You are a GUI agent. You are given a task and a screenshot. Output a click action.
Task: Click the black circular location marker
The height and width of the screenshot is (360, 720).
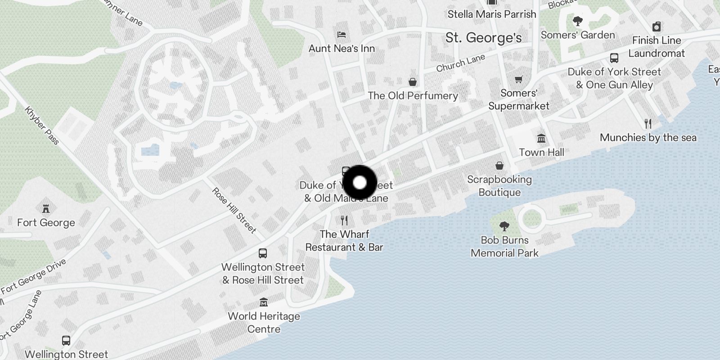click(x=360, y=183)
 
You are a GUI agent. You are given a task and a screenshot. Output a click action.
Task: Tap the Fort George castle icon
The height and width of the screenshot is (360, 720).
click(x=45, y=208)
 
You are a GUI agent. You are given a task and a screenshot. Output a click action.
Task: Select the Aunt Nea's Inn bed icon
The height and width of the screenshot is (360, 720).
click(x=342, y=35)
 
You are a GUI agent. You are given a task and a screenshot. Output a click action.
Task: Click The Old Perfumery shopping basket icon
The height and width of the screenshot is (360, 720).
click(x=412, y=81)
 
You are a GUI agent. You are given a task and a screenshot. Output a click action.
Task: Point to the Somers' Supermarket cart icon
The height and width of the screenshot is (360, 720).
click(x=518, y=79)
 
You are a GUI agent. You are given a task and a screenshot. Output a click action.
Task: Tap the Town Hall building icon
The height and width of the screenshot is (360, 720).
click(x=541, y=138)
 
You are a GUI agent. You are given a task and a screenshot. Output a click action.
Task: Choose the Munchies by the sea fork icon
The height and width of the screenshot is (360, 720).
click(x=648, y=123)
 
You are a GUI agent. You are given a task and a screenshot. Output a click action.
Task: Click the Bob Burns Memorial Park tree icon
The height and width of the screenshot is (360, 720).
click(x=504, y=226)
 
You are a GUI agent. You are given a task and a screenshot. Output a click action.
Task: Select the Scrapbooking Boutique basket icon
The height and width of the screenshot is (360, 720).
click(x=499, y=166)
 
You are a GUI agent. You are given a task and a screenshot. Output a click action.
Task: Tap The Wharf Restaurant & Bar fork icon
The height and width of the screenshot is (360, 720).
click(x=344, y=220)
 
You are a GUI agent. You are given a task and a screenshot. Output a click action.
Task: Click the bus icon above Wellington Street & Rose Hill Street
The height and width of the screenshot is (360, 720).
click(x=263, y=253)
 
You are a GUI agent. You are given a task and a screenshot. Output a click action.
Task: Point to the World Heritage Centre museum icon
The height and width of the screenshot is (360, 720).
click(x=264, y=302)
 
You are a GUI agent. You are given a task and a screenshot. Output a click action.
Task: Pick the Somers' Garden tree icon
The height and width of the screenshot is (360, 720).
click(x=577, y=21)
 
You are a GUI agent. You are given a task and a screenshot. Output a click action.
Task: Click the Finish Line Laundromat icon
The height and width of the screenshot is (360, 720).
click(x=657, y=27)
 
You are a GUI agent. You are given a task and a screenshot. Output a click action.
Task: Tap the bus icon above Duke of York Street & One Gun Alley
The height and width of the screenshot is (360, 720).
click(x=614, y=58)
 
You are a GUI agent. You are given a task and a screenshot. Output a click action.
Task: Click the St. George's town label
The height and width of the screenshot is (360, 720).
click(x=483, y=38)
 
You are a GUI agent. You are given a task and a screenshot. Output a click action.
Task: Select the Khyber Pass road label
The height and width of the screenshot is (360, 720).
click(x=42, y=126)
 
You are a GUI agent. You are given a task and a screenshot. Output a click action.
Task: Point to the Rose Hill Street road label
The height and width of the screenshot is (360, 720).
click(x=234, y=211)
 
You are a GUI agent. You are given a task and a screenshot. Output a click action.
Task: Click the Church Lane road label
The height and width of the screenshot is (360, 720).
click(x=460, y=63)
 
